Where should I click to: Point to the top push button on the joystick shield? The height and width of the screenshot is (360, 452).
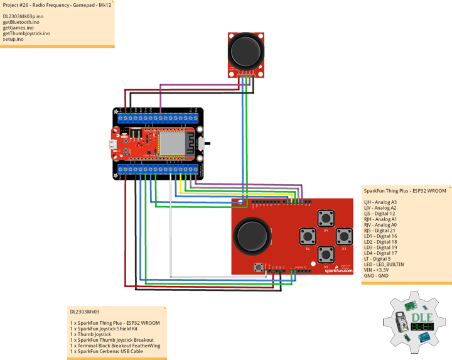click(325, 218)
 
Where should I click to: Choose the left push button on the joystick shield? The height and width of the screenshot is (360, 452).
click(308, 236)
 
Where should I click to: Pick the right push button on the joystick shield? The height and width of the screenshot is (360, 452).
click(343, 236)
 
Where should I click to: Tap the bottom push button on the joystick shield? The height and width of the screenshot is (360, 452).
click(325, 254)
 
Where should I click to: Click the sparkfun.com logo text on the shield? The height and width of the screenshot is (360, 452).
click(344, 270)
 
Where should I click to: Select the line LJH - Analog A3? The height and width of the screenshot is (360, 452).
click(380, 202)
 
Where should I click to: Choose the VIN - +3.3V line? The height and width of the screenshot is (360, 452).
click(376, 270)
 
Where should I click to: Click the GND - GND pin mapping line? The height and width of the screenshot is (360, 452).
click(376, 276)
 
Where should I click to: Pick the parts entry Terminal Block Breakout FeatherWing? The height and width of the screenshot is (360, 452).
click(115, 346)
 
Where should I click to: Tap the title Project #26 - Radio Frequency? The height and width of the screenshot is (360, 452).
click(57, 4)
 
